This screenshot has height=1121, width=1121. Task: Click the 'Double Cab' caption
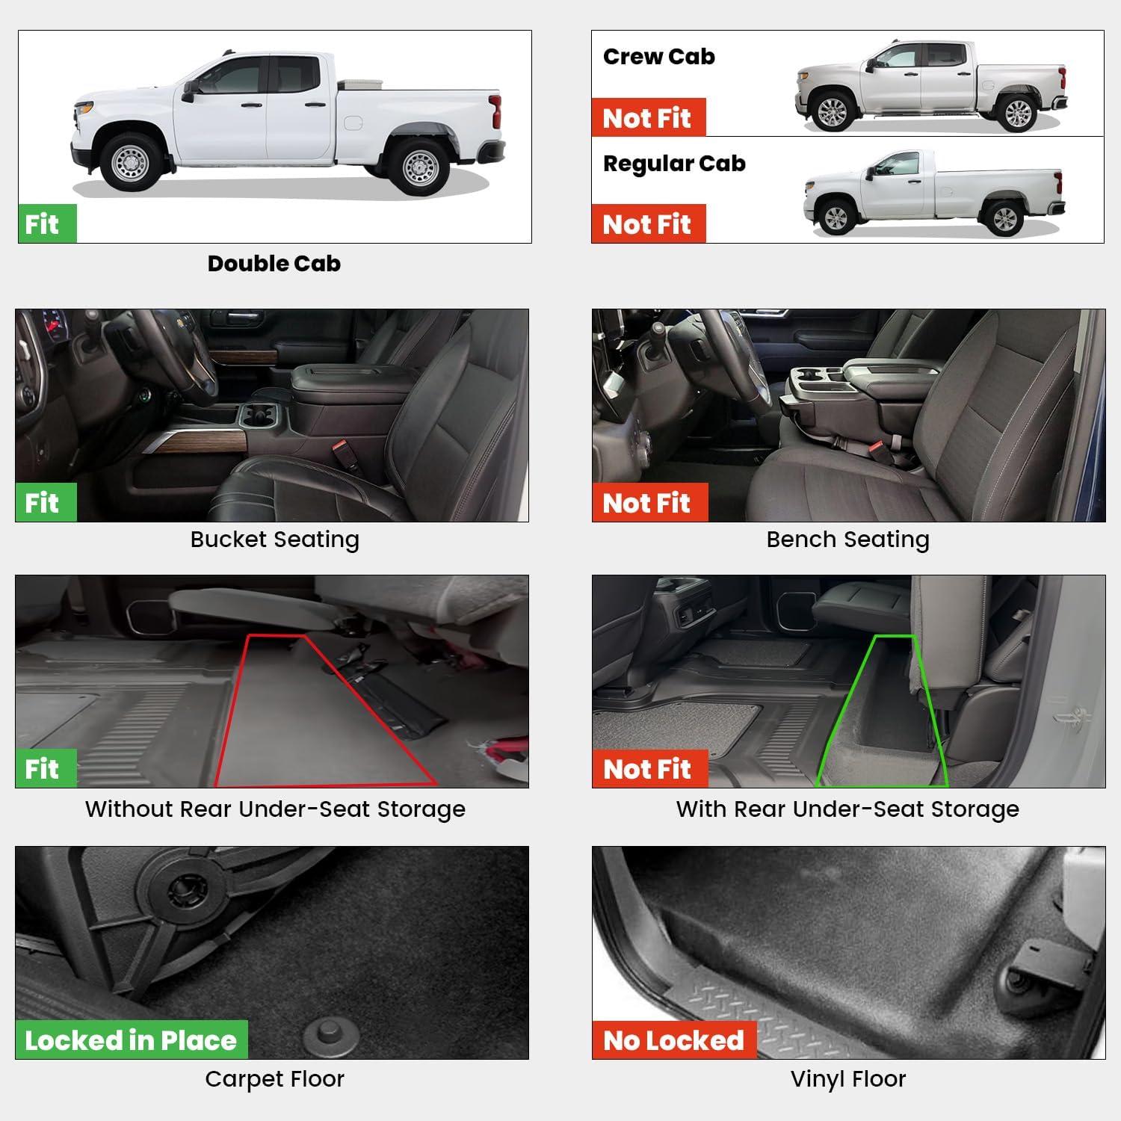[274, 263]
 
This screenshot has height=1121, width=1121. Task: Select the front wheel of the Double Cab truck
[132, 161]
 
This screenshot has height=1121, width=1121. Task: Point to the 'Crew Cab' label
[658, 56]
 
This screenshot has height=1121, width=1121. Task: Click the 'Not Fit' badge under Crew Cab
[648, 117]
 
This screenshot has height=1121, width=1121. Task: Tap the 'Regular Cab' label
[674, 164]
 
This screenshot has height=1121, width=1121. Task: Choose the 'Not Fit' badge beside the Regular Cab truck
[648, 223]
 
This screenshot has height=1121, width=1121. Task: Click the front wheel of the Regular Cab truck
[835, 217]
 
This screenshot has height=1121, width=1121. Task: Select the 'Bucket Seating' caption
[274, 539]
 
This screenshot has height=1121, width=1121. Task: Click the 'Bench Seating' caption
[848, 539]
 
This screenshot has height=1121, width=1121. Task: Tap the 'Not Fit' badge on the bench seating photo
[649, 502]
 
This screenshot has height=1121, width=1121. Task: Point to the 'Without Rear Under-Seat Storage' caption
[275, 809]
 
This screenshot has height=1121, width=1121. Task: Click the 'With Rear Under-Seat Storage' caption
[848, 809]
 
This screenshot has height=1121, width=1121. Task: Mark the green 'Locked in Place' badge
[132, 1040]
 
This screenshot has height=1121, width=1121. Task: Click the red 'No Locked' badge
[674, 1040]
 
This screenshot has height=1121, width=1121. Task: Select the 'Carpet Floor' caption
[274, 1079]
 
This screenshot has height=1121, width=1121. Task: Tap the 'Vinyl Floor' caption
[848, 1079]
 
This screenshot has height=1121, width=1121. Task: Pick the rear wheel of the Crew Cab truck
[1017, 112]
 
